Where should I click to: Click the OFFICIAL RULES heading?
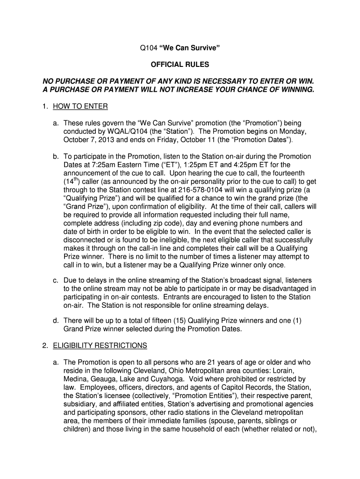click(x=180, y=64)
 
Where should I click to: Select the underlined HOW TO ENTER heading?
click(x=80, y=107)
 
